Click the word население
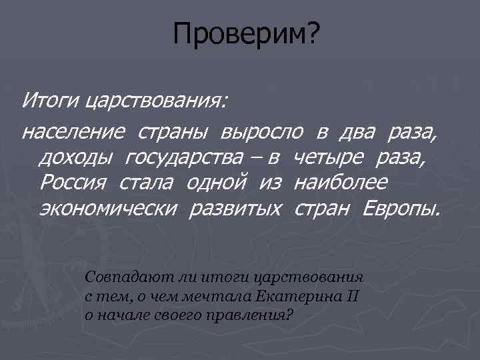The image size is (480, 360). [73, 132]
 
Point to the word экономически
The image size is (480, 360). [107, 208]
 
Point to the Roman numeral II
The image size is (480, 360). [353, 295]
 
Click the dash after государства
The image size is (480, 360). [256, 159]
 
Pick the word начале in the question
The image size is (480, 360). [123, 313]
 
